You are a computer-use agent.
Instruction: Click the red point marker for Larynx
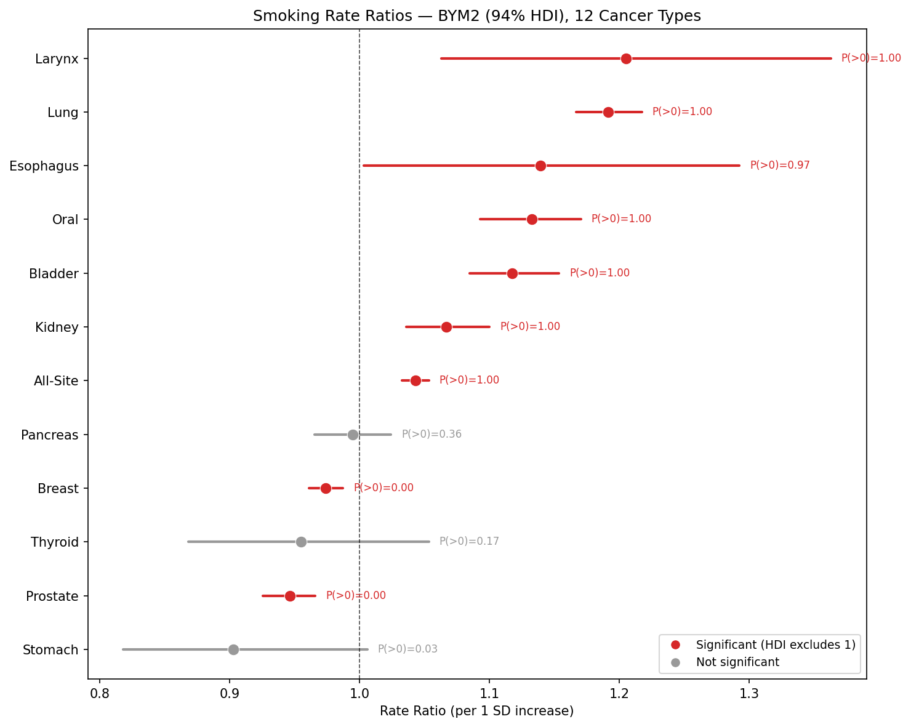point(626,58)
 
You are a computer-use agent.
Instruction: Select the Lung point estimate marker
point(608,112)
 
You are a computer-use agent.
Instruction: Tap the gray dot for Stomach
point(233,649)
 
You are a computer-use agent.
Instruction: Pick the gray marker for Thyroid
point(301,542)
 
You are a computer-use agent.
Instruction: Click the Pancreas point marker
point(353,435)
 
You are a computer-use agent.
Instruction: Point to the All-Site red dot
point(415,380)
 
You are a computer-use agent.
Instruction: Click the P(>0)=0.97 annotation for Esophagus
point(779,166)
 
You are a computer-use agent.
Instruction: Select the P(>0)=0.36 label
point(431,435)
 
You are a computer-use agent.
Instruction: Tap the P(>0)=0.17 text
point(468,542)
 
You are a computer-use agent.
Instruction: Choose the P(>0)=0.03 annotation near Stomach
point(407,649)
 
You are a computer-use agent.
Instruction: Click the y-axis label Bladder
point(54,274)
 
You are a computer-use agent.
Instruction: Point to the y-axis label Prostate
point(52,596)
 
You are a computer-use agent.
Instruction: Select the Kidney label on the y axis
point(57,327)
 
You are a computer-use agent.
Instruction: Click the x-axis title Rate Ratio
point(476,712)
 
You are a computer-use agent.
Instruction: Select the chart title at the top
point(476,16)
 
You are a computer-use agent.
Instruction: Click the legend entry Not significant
point(737,662)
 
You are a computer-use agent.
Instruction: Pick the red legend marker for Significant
point(675,645)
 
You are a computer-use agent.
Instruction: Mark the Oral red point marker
point(532,220)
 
